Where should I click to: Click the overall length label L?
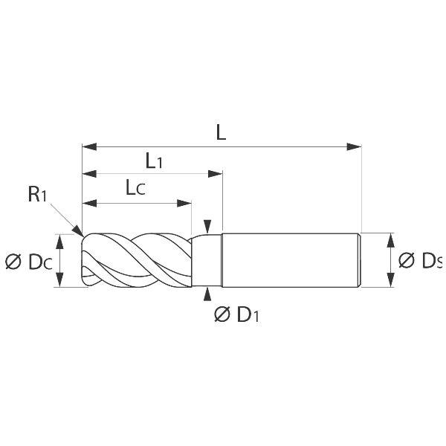(x=221, y=132)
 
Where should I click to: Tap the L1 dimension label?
(x=154, y=161)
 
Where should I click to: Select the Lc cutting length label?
(x=135, y=188)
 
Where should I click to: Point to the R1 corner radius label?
(x=37, y=195)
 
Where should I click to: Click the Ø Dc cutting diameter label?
(x=29, y=262)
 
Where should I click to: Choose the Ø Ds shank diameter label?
(x=421, y=260)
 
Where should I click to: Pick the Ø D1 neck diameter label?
(x=236, y=314)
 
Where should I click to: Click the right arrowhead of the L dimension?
(x=354, y=147)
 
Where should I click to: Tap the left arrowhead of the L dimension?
(x=89, y=147)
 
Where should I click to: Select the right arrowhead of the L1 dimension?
(x=215, y=174)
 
